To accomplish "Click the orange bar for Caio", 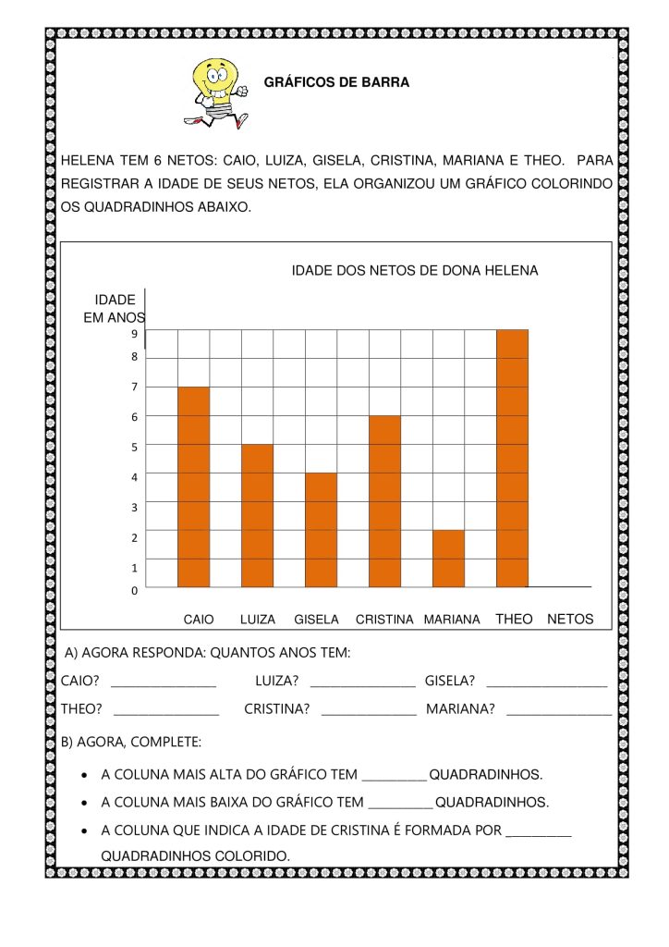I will (x=193, y=486).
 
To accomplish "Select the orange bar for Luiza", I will (x=257, y=515).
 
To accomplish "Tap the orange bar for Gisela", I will (x=321, y=530).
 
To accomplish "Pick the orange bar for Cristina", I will (x=384, y=501).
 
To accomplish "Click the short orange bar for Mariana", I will (x=448, y=559).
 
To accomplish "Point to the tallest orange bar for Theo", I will (x=512, y=458).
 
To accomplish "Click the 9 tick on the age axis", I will (x=134, y=334).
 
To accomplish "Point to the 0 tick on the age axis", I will (x=134, y=589).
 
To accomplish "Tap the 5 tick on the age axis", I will (x=134, y=447).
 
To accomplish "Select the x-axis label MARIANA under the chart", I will (x=452, y=620).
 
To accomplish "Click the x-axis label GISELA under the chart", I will (x=316, y=620).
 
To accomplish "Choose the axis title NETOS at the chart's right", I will (x=570, y=620).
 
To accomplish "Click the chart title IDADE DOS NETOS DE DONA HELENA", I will (x=414, y=271).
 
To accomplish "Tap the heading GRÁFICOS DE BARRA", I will (x=336, y=82).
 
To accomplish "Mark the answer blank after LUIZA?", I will (x=362, y=684).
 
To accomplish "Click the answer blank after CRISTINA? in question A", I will (x=369, y=712).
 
